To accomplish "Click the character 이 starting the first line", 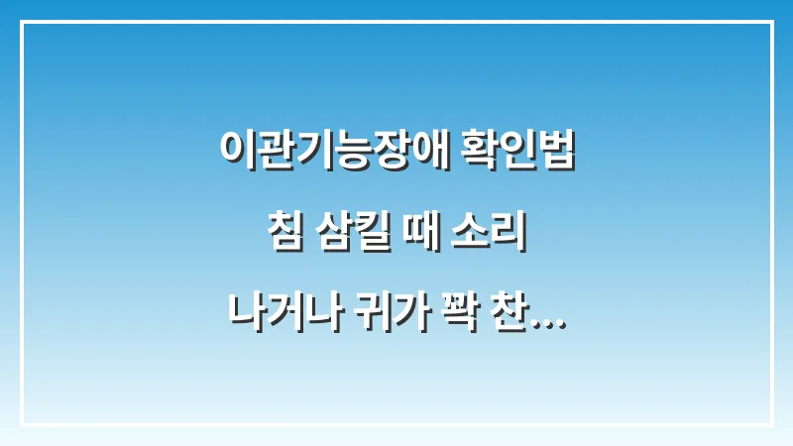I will [234, 152].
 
